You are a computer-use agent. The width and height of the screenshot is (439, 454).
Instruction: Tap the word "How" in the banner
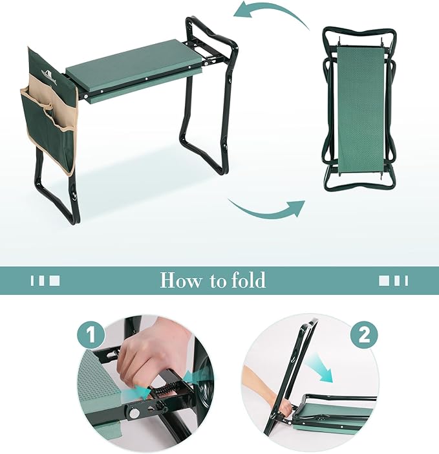[179, 281]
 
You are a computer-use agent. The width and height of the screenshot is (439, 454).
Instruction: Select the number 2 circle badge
[365, 336]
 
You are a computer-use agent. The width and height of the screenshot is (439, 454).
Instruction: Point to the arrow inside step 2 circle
[320, 368]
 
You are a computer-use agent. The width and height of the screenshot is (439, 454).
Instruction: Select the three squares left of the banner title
[45, 281]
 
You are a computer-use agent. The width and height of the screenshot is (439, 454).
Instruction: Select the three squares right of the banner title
[393, 281]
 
